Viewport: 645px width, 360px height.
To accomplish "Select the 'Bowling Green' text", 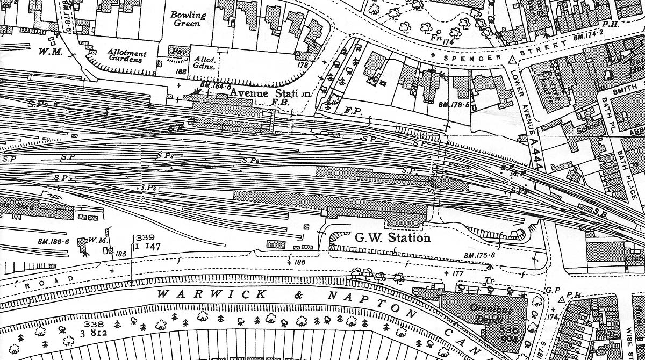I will coord(188,19).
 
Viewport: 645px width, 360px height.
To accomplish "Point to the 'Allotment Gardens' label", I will coord(127,56).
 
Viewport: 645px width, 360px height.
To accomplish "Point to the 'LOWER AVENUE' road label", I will coord(523,103).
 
